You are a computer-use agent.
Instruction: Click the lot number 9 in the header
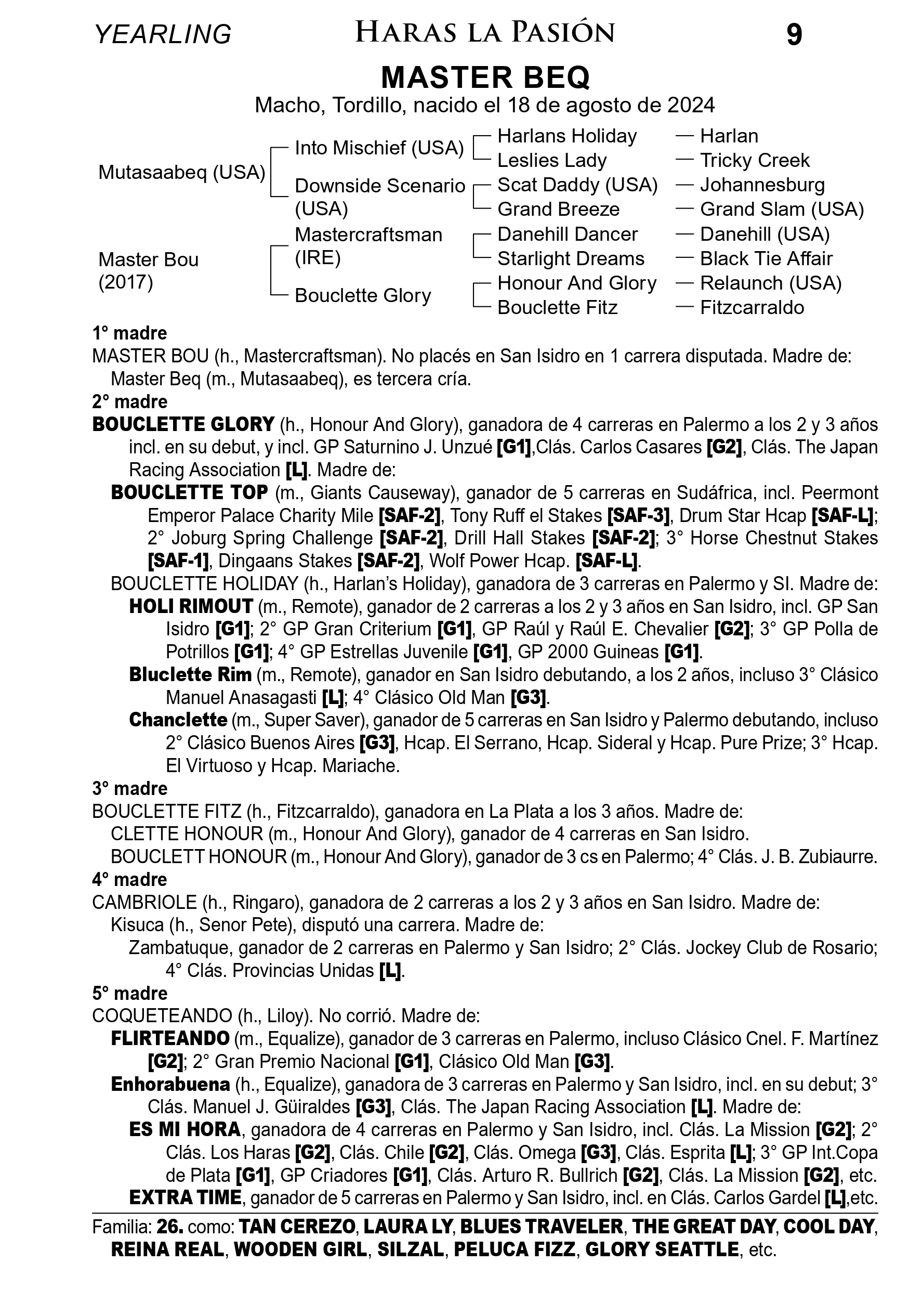[x=794, y=35]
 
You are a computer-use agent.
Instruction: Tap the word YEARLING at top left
[x=163, y=34]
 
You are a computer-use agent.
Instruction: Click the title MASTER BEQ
[x=485, y=77]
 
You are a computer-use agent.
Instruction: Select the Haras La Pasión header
[x=485, y=33]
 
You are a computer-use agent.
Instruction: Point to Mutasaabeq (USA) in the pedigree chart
[x=181, y=173]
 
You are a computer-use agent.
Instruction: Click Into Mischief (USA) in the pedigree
[x=379, y=148]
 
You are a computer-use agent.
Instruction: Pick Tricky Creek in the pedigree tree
[x=755, y=161]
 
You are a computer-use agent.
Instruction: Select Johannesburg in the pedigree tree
[x=762, y=185]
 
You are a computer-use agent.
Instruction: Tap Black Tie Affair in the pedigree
[x=766, y=258]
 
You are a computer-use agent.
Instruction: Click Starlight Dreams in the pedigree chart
[x=571, y=258]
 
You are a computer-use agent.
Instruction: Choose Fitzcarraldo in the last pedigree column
[x=752, y=307]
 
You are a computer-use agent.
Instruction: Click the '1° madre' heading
[x=130, y=334]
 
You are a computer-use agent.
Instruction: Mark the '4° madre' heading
[x=130, y=879]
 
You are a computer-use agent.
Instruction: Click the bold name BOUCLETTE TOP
[x=189, y=492]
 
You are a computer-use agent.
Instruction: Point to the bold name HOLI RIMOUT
[x=191, y=606]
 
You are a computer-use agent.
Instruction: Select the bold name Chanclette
[x=178, y=720]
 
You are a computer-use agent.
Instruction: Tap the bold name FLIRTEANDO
[x=170, y=1038]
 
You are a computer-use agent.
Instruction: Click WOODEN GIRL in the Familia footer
[x=300, y=1249]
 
